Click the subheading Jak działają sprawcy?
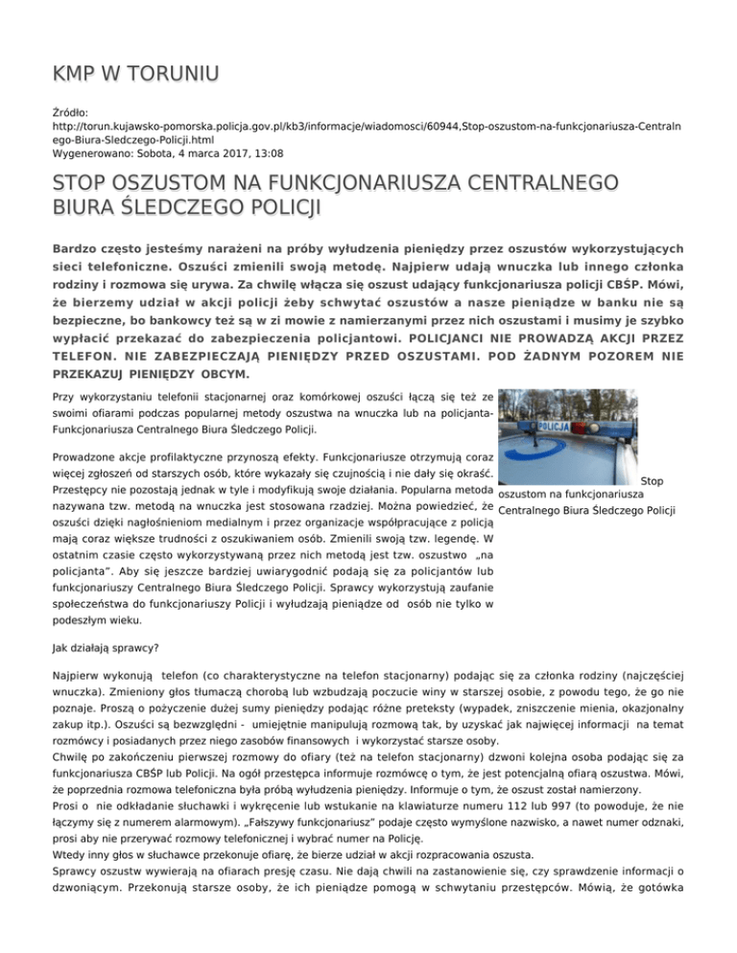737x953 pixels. tap(107, 646)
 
